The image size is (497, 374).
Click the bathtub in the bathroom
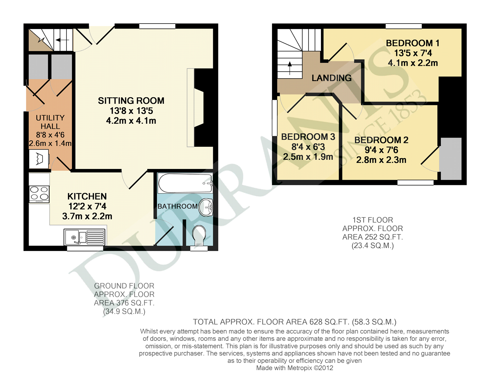[x=185, y=183]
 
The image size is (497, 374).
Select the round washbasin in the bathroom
[x=207, y=207]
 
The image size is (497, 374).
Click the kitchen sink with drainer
[x=85, y=237]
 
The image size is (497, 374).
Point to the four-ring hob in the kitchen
[x=39, y=194]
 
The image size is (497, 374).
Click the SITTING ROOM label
[x=131, y=101]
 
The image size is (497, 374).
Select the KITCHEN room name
[x=87, y=196]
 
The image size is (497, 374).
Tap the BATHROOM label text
[x=177, y=206]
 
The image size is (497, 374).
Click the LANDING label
[x=331, y=78]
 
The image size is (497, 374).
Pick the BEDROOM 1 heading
[x=412, y=43]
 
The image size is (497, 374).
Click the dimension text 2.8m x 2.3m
[x=381, y=160]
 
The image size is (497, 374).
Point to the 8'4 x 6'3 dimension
[x=308, y=147]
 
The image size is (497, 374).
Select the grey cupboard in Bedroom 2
[x=451, y=159]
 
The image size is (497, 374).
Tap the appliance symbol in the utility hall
[x=39, y=159]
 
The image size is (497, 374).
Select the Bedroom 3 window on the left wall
[x=274, y=118]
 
